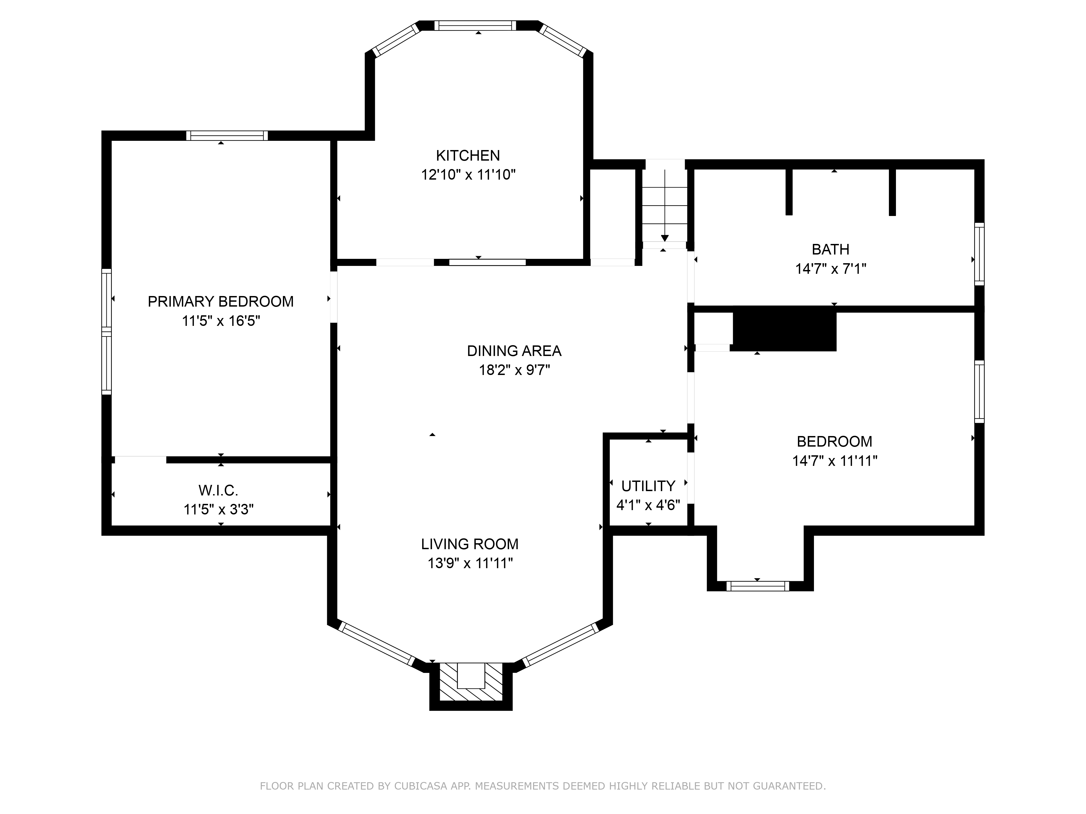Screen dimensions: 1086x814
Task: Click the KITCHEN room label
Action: tap(468, 155)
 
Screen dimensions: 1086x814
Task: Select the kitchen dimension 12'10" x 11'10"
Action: tap(468, 175)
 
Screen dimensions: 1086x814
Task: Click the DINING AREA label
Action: tap(514, 351)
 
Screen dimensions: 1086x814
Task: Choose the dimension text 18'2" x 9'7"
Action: tap(514, 370)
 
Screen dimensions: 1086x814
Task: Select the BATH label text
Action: tap(830, 250)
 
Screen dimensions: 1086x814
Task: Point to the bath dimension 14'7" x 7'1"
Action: tap(830, 269)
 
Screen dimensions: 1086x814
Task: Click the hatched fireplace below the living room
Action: tap(471, 682)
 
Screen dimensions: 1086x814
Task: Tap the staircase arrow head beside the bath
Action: tap(665, 238)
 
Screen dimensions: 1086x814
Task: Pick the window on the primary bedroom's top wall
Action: tap(227, 135)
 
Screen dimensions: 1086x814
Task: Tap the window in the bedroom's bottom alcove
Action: tap(757, 586)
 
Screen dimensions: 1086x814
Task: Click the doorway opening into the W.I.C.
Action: tap(140, 460)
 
